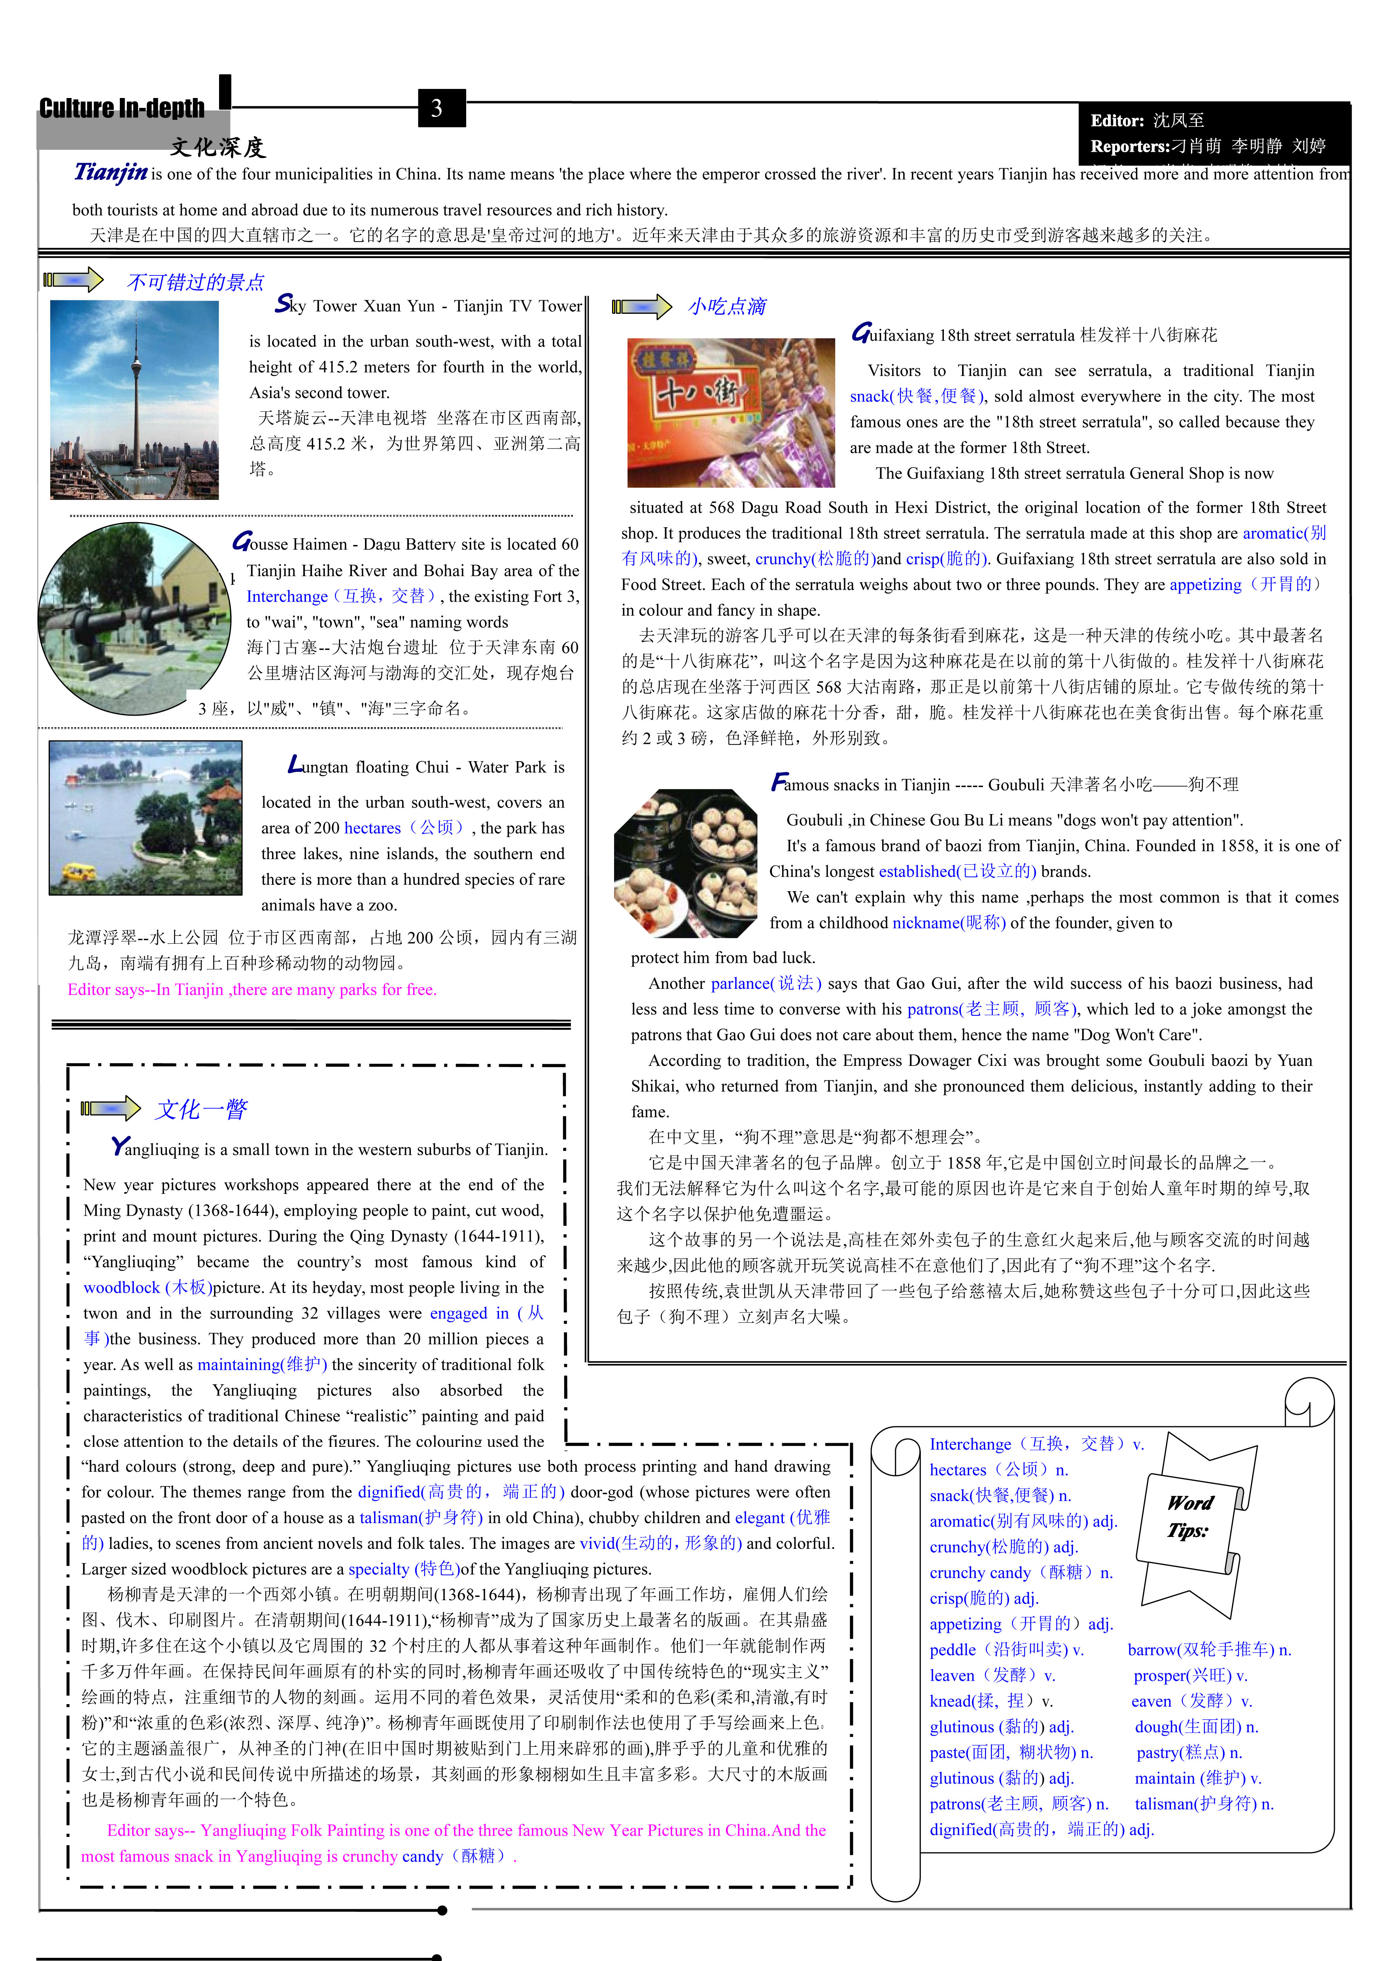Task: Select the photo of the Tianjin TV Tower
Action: pyautogui.click(x=134, y=400)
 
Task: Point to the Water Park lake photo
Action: pyautogui.click(x=145, y=817)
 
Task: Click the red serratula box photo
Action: pyautogui.click(x=730, y=412)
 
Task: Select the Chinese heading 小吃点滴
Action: pyautogui.click(x=727, y=307)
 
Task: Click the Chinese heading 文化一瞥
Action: pyautogui.click(x=202, y=1109)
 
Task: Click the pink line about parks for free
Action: pyautogui.click(x=252, y=990)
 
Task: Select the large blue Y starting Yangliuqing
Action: pyautogui.click(x=120, y=1146)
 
